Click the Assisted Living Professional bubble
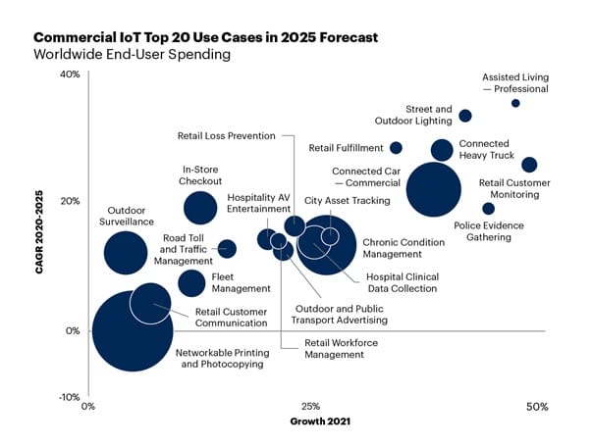coord(515,103)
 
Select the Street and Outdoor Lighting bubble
coord(465,116)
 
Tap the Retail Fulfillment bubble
coord(396,148)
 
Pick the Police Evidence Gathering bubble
coord(488,208)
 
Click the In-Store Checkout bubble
coord(200,207)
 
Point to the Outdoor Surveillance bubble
coord(124,253)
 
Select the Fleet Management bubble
coord(191,283)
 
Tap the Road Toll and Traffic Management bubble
coord(227,249)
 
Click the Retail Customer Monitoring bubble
coord(529,165)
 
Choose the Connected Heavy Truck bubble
coord(442,150)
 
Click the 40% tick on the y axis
coord(69,74)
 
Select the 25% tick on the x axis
coord(309,407)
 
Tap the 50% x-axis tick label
coord(536,407)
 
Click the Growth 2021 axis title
coord(321,422)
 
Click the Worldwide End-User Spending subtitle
coord(133,55)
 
